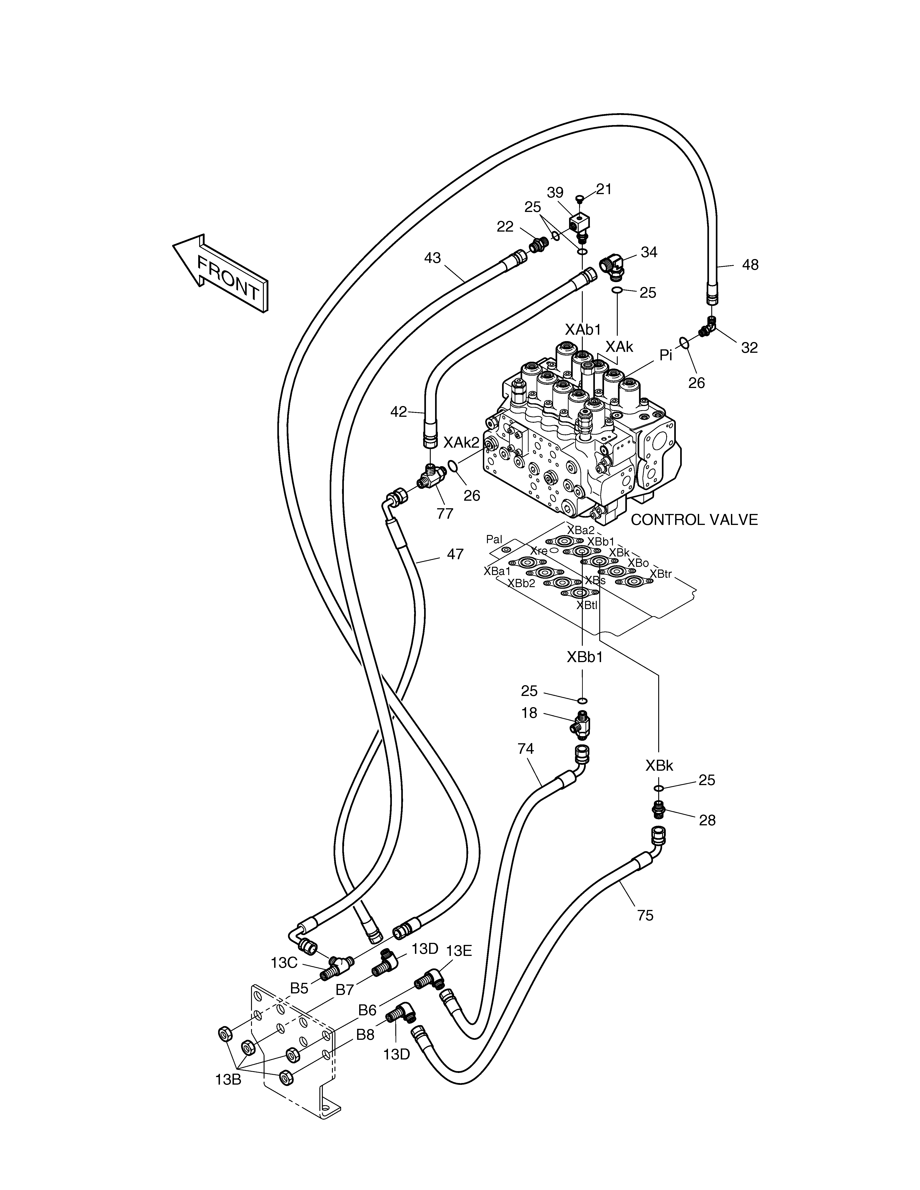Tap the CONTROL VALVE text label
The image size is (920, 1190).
[x=694, y=520]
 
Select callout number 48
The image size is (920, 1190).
[x=751, y=265]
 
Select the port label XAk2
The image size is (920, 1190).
[x=461, y=442]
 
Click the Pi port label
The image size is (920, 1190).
[x=666, y=355]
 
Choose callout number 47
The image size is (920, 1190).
[x=455, y=554]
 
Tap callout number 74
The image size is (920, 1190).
[x=525, y=749]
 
